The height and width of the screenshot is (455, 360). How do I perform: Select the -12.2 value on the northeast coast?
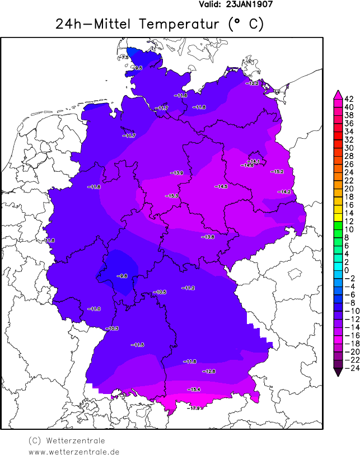coord(252,83)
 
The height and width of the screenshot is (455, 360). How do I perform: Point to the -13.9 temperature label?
coord(177,173)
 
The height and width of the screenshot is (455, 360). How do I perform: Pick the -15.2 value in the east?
coord(277,171)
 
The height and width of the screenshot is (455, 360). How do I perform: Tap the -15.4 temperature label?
coord(194,389)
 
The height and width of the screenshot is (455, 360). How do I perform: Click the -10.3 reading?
coord(112,328)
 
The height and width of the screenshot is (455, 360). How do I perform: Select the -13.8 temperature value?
coord(208,237)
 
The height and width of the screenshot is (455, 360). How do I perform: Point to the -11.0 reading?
coord(94,309)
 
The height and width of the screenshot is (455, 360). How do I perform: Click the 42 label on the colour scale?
coord(349,99)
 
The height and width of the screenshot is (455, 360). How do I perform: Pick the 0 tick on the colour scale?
coord(347,270)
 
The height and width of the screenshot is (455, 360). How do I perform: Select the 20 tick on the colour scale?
coord(349,189)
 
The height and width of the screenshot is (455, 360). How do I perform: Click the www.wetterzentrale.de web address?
coord(73,451)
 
